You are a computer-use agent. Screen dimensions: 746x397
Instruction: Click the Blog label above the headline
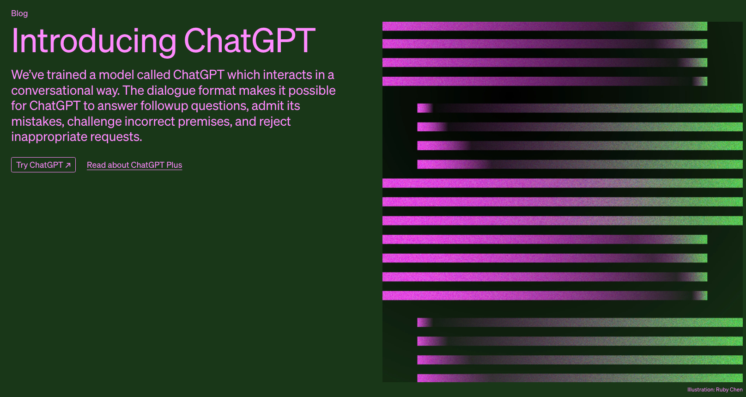pyautogui.click(x=19, y=13)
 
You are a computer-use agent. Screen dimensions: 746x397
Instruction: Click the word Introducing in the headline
pyautogui.click(x=94, y=41)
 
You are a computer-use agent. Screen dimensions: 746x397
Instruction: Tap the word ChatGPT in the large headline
pyautogui.click(x=249, y=40)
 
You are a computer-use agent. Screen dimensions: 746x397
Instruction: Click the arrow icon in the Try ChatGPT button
pyautogui.click(x=68, y=165)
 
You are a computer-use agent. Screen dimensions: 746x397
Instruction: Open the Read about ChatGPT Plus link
pyautogui.click(x=134, y=165)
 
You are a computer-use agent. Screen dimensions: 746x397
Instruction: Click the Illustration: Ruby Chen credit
pyautogui.click(x=715, y=390)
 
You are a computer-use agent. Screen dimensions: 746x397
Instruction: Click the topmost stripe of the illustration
pyautogui.click(x=545, y=26)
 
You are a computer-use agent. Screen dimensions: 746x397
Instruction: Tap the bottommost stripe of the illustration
pyautogui.click(x=580, y=378)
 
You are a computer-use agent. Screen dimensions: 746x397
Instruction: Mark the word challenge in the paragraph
pyautogui.click(x=94, y=122)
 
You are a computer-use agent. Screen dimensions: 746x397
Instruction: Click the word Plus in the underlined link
pyautogui.click(x=174, y=165)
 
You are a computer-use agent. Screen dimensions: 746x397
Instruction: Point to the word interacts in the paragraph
pyautogui.click(x=284, y=75)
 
